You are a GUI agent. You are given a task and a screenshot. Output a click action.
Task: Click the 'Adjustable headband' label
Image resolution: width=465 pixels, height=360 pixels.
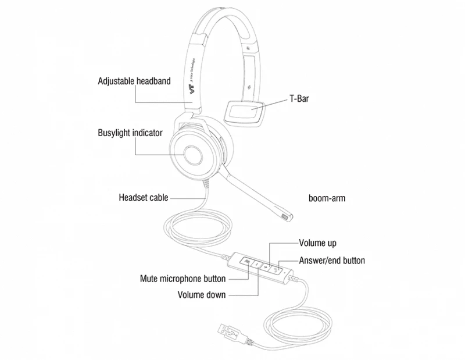134,81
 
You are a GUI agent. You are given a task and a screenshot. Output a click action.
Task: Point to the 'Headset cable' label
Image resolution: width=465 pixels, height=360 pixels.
143,198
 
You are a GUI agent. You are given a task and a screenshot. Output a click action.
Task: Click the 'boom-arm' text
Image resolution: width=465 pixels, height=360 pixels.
327,198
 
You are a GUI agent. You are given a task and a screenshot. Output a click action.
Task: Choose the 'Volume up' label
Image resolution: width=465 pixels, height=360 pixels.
317,243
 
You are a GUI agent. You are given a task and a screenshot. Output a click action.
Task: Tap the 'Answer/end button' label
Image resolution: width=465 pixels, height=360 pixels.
332,261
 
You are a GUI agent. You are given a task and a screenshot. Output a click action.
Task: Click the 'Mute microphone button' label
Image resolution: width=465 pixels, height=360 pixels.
183,278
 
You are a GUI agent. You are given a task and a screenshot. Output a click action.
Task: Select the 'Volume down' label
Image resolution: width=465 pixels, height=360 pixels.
201,295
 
